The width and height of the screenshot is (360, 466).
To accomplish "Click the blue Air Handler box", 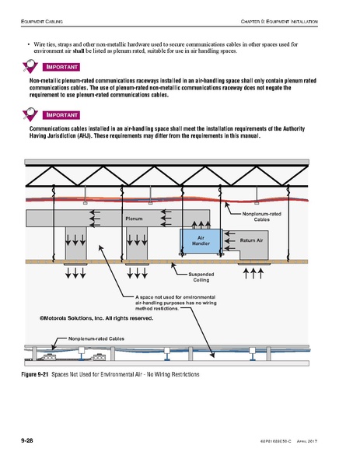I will (x=200, y=240).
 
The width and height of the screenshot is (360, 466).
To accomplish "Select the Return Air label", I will (x=252, y=241).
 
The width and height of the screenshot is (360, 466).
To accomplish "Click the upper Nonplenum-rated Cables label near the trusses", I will (x=262, y=216).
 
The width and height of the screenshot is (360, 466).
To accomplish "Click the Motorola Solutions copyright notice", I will (x=91, y=318).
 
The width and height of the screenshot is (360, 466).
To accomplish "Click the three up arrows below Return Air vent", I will (x=254, y=273).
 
